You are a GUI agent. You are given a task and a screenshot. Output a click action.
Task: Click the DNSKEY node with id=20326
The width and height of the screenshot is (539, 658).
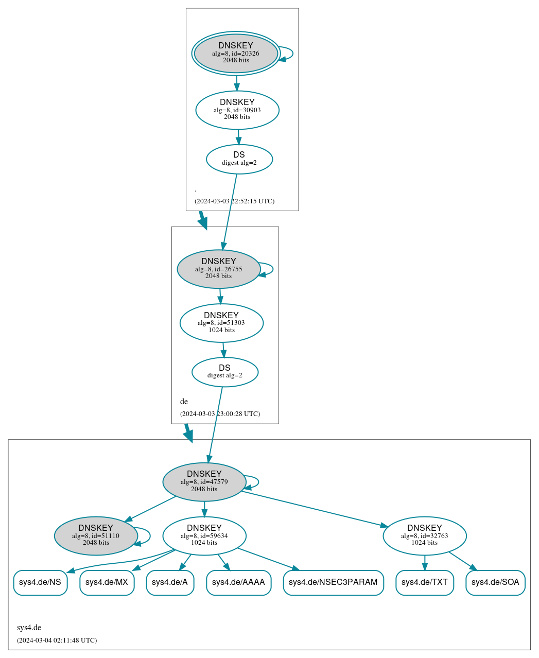236,54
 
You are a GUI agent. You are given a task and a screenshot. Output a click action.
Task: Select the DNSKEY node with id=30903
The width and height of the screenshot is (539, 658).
237,110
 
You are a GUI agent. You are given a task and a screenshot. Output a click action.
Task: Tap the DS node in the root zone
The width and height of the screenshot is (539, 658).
239,159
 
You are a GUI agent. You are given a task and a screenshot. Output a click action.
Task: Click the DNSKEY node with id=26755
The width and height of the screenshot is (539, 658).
219,269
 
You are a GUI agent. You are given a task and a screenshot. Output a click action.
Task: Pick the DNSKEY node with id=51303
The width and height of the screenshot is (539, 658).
221,323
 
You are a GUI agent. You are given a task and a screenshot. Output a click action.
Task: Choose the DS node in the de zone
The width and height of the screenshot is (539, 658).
225,372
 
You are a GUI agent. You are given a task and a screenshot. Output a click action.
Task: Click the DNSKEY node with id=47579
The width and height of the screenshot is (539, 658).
204,482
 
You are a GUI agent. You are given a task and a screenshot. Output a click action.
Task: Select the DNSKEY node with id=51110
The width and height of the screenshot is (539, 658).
96,535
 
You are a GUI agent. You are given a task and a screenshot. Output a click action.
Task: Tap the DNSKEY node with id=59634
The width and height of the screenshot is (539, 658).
204,535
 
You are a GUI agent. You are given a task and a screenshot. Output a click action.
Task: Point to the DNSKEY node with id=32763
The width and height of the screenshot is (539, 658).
425,535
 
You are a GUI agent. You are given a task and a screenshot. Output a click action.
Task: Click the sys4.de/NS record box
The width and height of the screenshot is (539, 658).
40,583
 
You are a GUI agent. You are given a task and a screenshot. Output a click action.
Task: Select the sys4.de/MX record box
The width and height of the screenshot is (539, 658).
107,583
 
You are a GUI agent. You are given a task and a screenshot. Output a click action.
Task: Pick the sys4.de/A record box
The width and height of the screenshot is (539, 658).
170,583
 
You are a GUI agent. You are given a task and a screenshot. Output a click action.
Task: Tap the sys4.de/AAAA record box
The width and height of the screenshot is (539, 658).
239,583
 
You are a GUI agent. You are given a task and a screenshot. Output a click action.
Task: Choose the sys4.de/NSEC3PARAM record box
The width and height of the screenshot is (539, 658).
333,583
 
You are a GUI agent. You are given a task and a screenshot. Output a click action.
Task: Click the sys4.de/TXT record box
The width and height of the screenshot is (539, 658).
425,583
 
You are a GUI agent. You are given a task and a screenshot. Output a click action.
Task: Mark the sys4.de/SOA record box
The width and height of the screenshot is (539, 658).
495,583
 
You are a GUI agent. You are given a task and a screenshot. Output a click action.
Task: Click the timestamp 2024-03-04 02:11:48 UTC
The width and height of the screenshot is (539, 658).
57,640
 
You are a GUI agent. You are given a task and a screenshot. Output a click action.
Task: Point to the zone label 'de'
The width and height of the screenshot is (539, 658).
184,401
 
